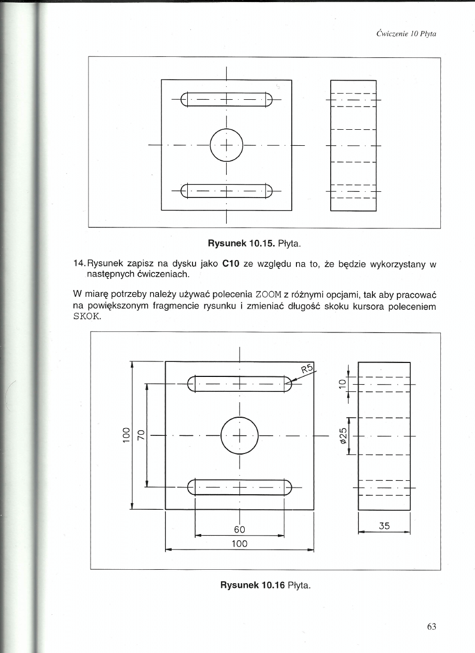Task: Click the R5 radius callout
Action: coord(308,369)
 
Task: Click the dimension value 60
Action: coord(239,529)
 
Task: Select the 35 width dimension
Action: coord(384,526)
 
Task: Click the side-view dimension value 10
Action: coord(341,383)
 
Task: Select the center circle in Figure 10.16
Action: coord(240,435)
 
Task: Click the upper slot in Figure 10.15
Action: coord(226,99)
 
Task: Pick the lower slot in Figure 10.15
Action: coord(226,192)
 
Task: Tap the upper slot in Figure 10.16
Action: coord(240,384)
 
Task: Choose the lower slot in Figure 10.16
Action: coord(240,487)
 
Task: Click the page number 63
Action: coord(432,627)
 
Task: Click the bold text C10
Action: coord(230,264)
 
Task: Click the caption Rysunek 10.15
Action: coord(241,242)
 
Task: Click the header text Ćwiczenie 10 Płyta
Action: coord(407,34)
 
